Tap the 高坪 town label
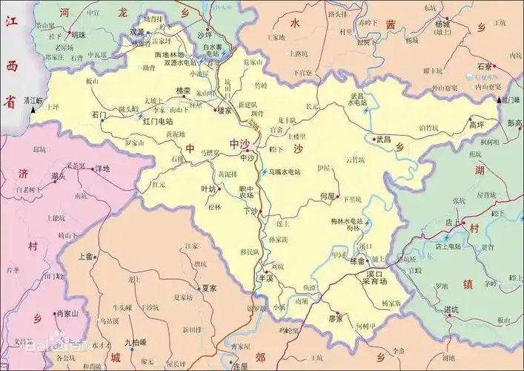pos(477,125)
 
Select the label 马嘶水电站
pos(284,171)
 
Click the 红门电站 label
pos(158,120)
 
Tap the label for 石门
pos(99,115)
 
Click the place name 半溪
pos(265,278)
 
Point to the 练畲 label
pos(357,261)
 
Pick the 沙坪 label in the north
pos(204,34)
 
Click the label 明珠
pos(78,34)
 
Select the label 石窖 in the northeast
pos(485,66)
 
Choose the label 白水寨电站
pos(211,50)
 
